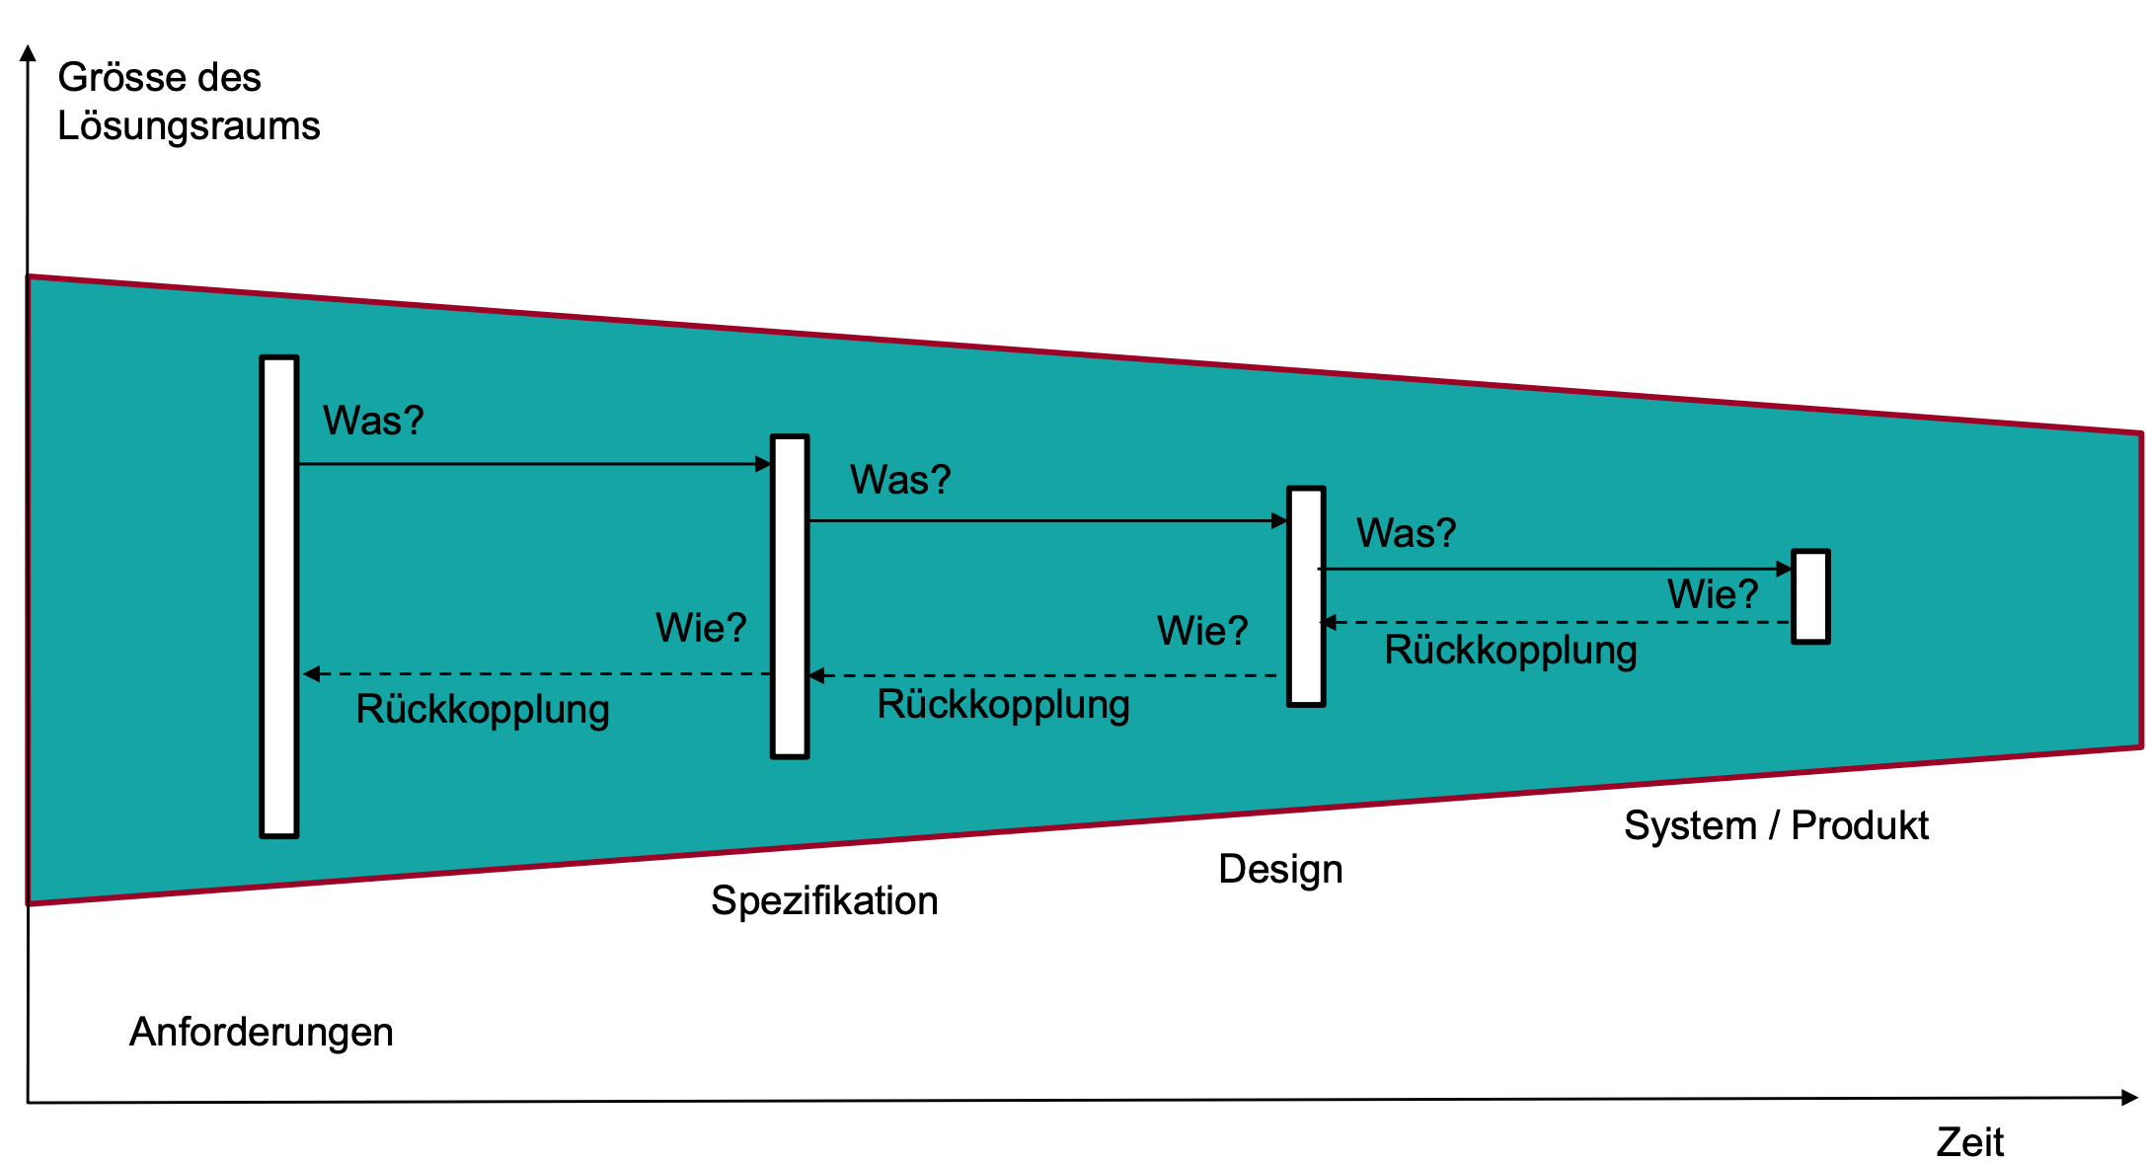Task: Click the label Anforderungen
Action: pos(262,1032)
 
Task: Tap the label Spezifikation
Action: pos(824,900)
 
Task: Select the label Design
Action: pos(1280,869)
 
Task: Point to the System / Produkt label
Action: pos(1776,825)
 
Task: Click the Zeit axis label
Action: pos(1969,1141)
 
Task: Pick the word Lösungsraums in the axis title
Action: pos(189,126)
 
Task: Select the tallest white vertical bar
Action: pos(279,596)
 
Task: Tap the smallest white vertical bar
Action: pos(1810,596)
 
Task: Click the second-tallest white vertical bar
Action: pos(790,596)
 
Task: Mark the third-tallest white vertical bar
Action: pos(1306,596)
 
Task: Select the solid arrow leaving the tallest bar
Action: pos(533,464)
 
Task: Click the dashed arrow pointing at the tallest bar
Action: pos(538,674)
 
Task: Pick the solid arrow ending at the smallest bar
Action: pos(1555,569)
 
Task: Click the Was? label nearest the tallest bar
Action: pos(373,421)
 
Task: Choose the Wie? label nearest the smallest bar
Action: pos(1713,594)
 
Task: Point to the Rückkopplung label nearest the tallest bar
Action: pos(483,709)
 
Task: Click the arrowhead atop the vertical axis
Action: pos(29,52)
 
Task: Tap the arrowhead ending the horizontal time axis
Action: pos(2129,1098)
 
